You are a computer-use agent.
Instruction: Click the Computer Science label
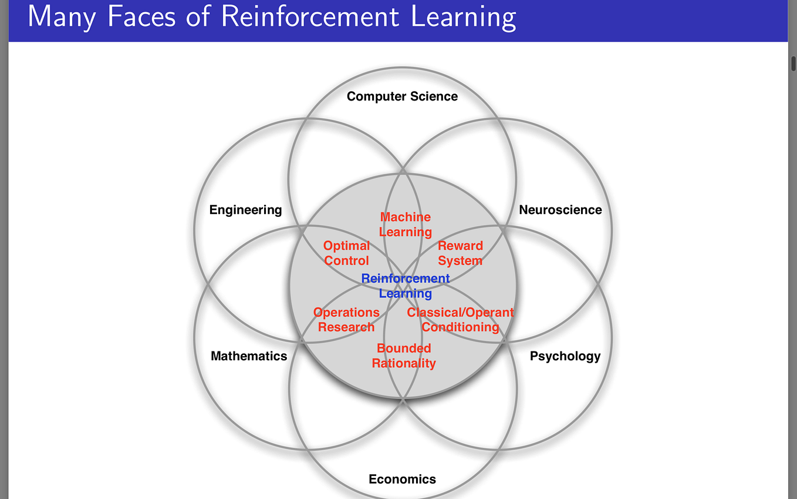point(402,96)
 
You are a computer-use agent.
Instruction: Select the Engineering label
point(245,210)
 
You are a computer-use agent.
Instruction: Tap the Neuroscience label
point(560,210)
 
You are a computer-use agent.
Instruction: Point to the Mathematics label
point(249,356)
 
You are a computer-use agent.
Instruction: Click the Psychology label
point(565,356)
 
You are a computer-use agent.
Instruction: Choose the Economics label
point(402,480)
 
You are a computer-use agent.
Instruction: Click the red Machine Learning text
point(406,225)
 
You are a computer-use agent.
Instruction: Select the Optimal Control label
point(346,253)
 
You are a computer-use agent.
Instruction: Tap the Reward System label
point(460,253)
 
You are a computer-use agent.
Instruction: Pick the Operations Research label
point(346,320)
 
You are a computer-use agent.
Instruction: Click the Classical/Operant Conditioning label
point(460,320)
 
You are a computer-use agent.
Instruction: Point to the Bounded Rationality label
point(404,356)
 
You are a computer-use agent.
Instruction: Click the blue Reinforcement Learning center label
point(406,286)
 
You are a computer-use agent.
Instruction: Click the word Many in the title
point(62,17)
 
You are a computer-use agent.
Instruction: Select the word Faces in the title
point(141,16)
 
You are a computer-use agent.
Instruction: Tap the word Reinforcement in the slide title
point(310,16)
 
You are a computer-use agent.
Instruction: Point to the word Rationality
point(404,363)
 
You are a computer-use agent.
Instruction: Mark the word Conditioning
point(460,327)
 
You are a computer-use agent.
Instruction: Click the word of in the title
point(198,16)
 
